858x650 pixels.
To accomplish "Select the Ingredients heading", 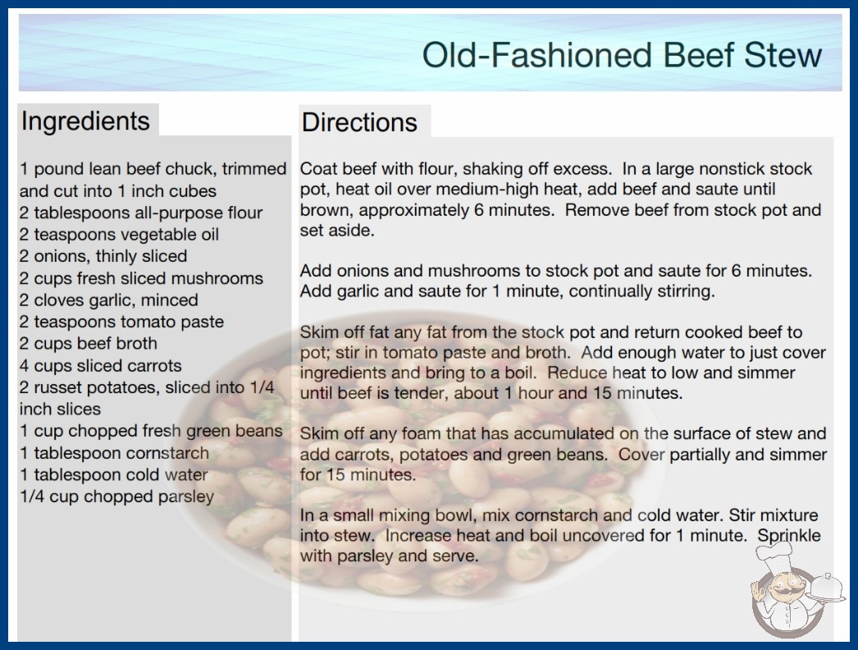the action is (85, 121).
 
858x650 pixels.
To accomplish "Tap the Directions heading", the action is (359, 122).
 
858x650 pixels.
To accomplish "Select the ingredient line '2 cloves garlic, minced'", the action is (109, 300).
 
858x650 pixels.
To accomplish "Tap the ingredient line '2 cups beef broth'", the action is (89, 343).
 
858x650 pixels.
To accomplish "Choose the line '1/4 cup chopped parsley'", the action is (117, 497).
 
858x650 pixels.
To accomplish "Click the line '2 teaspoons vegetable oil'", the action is (119, 235).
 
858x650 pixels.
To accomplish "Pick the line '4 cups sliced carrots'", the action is (101, 365).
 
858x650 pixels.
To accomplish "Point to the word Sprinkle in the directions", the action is (789, 536).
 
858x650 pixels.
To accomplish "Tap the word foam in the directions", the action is (421, 433).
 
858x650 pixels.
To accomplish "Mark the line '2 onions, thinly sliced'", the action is (103, 256).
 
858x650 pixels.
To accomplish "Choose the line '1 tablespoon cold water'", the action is (114, 474).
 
